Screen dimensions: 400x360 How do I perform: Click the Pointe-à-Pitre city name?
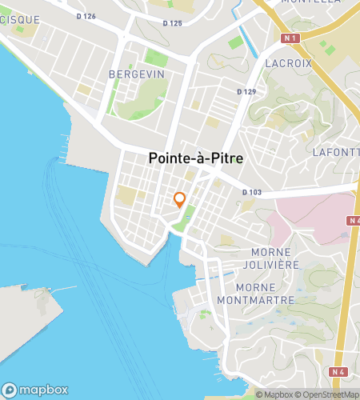point(196,159)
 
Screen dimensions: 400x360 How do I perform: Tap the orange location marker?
point(180,200)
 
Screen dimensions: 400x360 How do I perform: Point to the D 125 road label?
point(172,23)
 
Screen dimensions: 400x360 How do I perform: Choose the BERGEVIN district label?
point(136,74)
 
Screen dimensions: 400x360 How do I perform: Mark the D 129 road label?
point(246,92)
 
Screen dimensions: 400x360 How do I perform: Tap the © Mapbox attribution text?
point(274,394)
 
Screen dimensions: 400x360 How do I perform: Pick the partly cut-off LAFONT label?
point(334,151)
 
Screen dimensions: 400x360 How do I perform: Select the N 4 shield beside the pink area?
point(354,220)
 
